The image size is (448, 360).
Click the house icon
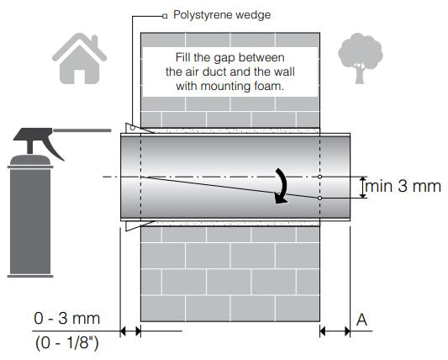click(x=79, y=59)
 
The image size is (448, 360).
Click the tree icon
click(x=361, y=58)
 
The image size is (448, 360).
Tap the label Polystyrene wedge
click(x=222, y=15)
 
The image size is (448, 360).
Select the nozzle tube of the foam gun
click(x=82, y=130)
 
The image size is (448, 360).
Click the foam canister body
click(x=30, y=221)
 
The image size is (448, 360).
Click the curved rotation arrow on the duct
click(x=282, y=186)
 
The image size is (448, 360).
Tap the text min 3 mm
click(x=403, y=186)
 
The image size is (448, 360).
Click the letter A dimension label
click(x=361, y=320)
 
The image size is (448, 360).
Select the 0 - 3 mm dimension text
click(x=67, y=318)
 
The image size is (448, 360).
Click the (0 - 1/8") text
click(x=67, y=342)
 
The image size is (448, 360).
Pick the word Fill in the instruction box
click(x=183, y=57)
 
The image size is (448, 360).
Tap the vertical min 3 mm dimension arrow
click(x=363, y=188)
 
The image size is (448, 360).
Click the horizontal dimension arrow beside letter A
click(x=335, y=331)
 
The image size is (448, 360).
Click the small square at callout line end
click(x=165, y=16)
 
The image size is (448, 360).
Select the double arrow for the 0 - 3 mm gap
click(x=130, y=331)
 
